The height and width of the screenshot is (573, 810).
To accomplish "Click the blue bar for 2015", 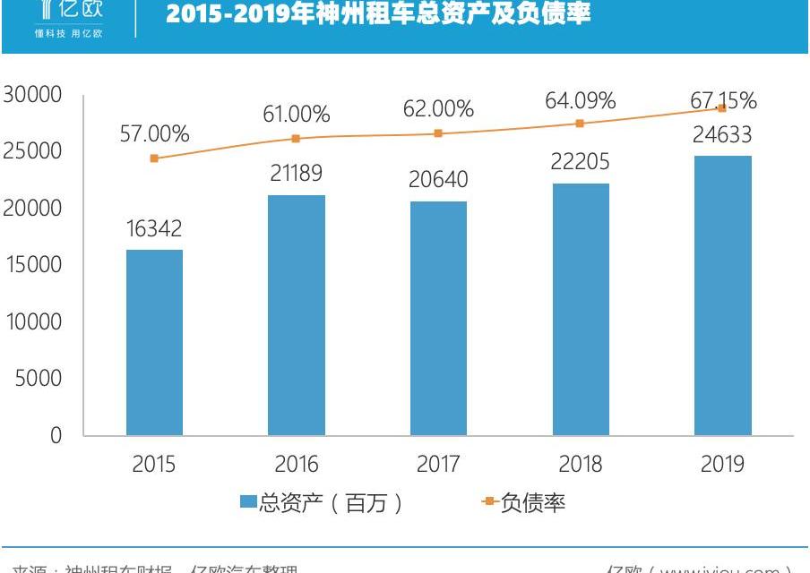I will [154, 342].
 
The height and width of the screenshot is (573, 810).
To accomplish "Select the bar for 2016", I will [297, 315].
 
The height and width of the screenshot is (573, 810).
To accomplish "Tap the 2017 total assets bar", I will [438, 318].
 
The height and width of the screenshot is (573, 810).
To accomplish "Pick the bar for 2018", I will [581, 309].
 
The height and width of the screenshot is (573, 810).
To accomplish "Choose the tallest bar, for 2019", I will [723, 295].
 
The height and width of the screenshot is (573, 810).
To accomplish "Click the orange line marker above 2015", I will [154, 158].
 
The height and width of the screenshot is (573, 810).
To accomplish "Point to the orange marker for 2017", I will [438, 133].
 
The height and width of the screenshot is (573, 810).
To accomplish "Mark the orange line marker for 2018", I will [581, 124].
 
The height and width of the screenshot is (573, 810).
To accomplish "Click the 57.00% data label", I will [154, 134].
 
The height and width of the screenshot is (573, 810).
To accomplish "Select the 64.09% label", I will [581, 100].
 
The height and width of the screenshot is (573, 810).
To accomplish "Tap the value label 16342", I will [154, 229].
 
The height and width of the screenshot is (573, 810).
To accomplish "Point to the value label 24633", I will [722, 136].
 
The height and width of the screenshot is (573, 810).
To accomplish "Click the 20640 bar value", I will [438, 181].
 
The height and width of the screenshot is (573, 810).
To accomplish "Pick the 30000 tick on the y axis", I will [31, 94].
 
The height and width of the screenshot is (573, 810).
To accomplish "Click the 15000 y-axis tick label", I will [31, 265].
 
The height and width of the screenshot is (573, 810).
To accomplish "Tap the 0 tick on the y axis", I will [56, 436].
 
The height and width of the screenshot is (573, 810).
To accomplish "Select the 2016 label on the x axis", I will [297, 464].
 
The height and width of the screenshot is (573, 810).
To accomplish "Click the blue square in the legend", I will [248, 503].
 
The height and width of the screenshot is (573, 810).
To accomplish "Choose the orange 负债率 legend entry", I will [532, 503].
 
